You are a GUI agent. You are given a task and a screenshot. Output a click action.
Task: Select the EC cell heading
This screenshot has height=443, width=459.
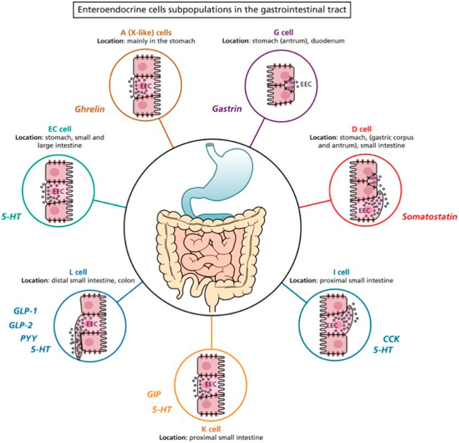(x=59, y=129)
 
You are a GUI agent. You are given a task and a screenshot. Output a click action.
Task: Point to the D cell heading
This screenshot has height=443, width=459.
(x=361, y=129)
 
